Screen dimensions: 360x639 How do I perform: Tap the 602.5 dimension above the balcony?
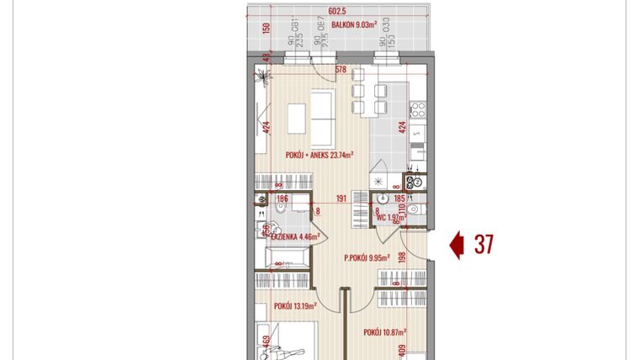(x=338, y=11)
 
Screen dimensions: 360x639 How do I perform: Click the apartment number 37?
(x=483, y=245)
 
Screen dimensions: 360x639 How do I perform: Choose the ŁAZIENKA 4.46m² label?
(x=293, y=238)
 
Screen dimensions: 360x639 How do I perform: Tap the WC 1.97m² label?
(x=392, y=217)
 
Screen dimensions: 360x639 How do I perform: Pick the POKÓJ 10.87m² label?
(x=385, y=333)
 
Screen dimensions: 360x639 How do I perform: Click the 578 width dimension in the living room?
(x=341, y=71)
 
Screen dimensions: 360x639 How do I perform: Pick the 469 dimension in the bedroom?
(x=267, y=342)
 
